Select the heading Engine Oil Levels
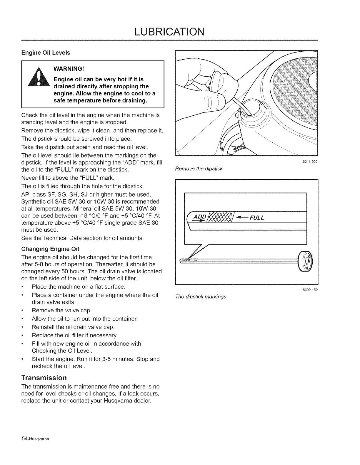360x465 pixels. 46,53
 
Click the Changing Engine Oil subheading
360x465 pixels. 50,249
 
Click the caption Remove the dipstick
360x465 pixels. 199,169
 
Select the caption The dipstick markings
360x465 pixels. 201,296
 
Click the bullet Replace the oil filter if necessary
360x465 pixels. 75,335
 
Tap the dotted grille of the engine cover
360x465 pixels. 294,97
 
